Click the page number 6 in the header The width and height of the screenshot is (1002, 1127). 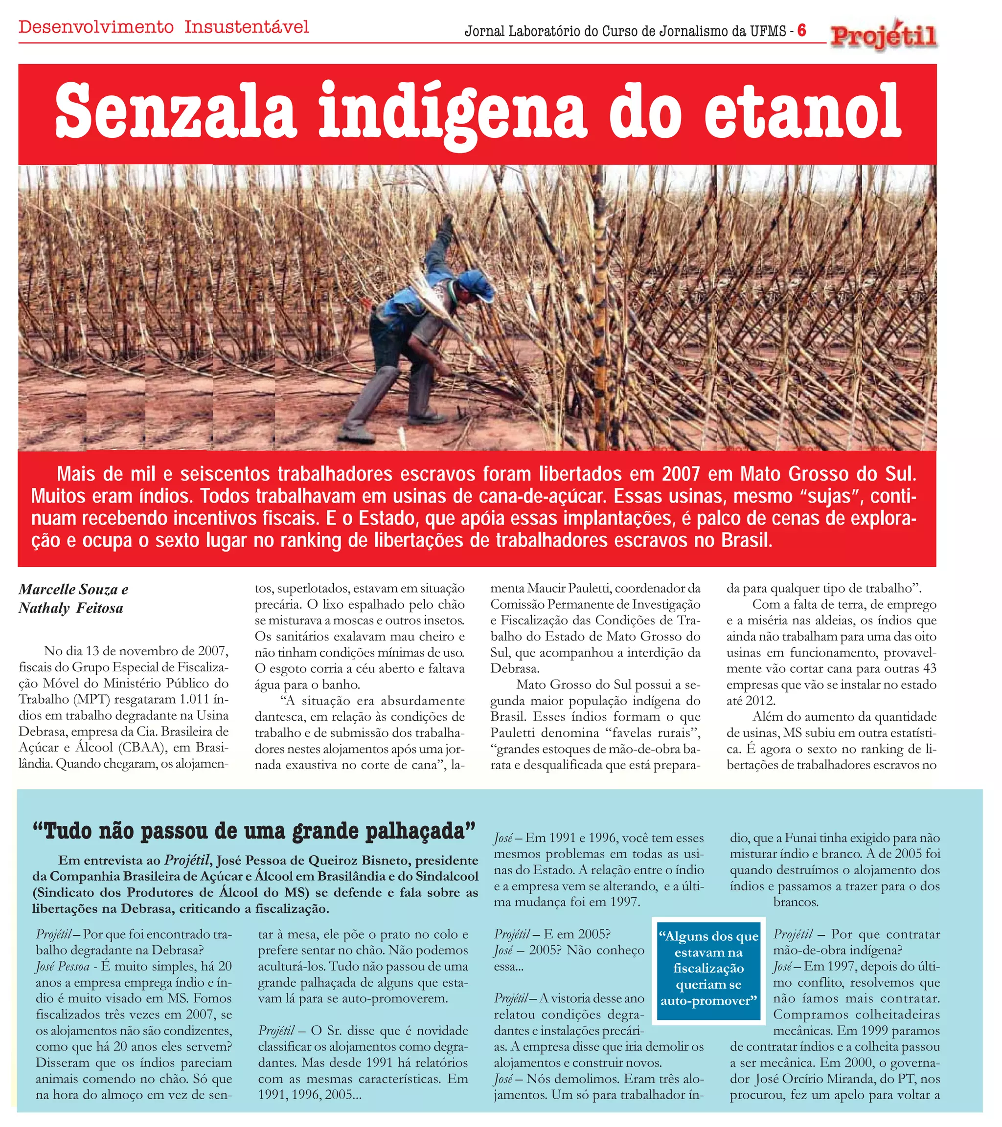[x=802, y=30]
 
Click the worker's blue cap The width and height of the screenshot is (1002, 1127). [x=475, y=284]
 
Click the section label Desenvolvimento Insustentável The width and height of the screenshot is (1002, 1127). [x=164, y=26]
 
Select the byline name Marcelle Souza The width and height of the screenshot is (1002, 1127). [x=68, y=590]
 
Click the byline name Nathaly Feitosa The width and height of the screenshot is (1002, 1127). [x=70, y=608]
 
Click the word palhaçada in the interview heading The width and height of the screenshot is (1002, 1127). [x=420, y=830]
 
